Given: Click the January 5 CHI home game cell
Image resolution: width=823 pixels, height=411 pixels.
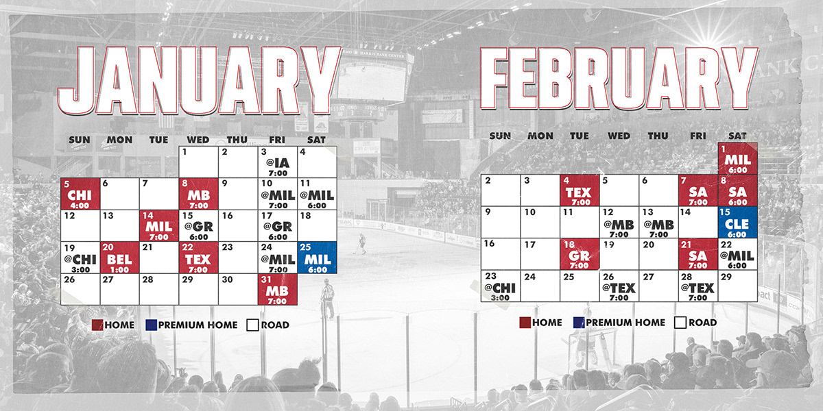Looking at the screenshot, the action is click(x=80, y=194).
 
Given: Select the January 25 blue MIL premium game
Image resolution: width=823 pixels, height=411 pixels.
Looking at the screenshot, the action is click(x=318, y=258).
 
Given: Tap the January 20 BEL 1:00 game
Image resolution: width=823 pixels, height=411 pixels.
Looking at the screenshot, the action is click(x=120, y=258).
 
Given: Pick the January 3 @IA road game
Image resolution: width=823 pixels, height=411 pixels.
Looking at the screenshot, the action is click(x=278, y=162).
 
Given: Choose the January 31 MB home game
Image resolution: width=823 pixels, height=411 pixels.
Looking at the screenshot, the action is click(x=278, y=289).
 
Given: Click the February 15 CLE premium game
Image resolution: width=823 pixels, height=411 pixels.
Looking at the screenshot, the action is click(x=738, y=223).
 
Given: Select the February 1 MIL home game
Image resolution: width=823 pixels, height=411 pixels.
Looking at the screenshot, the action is click(x=738, y=158).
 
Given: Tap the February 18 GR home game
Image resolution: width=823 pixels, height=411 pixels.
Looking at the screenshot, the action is click(x=580, y=254).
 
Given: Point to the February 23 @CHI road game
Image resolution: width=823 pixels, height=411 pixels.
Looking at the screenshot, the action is click(x=501, y=286).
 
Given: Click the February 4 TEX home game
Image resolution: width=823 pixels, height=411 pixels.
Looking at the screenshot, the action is click(x=580, y=190).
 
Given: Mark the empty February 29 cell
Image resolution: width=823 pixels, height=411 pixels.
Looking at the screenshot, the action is click(x=738, y=286).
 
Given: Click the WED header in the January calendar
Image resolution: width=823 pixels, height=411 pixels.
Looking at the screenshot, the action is click(x=198, y=140).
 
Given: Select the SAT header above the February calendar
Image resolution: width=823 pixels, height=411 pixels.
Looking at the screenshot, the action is click(x=737, y=136).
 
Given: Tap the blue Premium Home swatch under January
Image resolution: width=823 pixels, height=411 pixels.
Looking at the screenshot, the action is click(x=152, y=325).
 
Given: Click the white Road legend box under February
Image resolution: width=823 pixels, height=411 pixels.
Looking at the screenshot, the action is click(x=680, y=323).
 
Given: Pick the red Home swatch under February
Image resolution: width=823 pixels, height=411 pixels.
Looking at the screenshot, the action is click(x=525, y=323).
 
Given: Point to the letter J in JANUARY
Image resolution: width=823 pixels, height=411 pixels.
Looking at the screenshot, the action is click(x=79, y=81).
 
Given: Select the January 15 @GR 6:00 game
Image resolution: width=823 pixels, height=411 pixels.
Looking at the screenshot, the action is click(x=199, y=225).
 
